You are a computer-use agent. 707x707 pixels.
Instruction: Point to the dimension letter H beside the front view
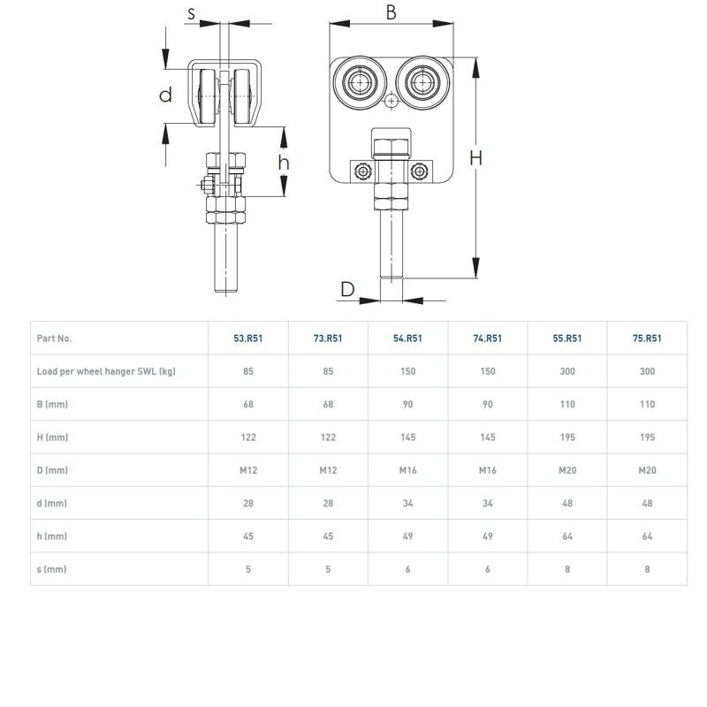475,158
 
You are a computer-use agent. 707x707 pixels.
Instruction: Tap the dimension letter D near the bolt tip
347,289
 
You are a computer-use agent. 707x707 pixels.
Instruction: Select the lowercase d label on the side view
165,95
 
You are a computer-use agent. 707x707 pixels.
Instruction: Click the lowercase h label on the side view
284,163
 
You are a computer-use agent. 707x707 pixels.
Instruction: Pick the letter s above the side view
192,13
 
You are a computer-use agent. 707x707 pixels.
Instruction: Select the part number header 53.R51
247,338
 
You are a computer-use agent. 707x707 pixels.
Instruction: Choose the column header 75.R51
647,338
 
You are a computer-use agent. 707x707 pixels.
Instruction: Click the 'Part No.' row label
54,338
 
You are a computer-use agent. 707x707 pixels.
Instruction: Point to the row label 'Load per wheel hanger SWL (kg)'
106,371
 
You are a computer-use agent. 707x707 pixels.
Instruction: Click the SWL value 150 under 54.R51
407,371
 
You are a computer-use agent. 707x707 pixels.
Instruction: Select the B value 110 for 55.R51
567,405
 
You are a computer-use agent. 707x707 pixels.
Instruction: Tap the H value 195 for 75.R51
647,437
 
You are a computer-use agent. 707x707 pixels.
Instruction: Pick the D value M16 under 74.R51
488,470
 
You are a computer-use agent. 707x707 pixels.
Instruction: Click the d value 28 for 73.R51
328,504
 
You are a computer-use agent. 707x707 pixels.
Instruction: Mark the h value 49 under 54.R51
407,536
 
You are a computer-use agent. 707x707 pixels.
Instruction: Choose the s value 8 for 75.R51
647,569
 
